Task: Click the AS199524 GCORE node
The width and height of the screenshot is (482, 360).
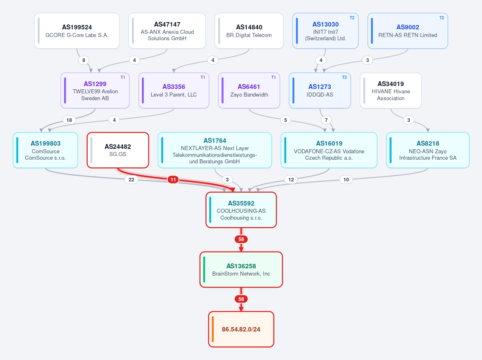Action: click(77, 31)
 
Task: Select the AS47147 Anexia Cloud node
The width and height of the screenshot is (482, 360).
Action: click(167, 31)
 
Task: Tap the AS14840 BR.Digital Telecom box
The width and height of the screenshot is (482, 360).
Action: click(249, 31)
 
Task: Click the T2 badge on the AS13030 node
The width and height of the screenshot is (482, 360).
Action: click(352, 18)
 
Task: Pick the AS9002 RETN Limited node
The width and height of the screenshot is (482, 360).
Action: click(408, 31)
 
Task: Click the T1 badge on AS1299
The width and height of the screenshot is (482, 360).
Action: click(123, 78)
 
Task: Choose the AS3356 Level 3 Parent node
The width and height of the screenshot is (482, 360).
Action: click(174, 91)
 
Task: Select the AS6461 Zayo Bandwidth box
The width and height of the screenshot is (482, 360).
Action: click(249, 91)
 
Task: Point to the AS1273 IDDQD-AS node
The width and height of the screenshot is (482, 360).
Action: click(320, 91)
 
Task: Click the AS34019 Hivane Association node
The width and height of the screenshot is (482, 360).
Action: click(391, 91)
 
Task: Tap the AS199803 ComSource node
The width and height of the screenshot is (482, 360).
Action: click(45, 150)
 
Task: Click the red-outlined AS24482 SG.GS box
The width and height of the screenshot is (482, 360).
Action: click(118, 150)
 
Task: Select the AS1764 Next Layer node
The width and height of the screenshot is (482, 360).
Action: click(215, 150)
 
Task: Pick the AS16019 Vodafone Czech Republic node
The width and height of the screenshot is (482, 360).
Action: click(329, 150)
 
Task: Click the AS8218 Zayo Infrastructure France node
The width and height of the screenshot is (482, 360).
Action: click(428, 150)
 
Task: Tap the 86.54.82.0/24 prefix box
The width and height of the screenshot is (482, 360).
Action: click(241, 329)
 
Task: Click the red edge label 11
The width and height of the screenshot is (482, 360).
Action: click(173, 180)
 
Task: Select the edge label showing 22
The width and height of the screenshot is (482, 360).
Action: click(131, 180)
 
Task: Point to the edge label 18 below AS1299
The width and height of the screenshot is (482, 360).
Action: click(69, 120)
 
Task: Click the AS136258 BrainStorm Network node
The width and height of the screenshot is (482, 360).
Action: click(241, 269)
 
